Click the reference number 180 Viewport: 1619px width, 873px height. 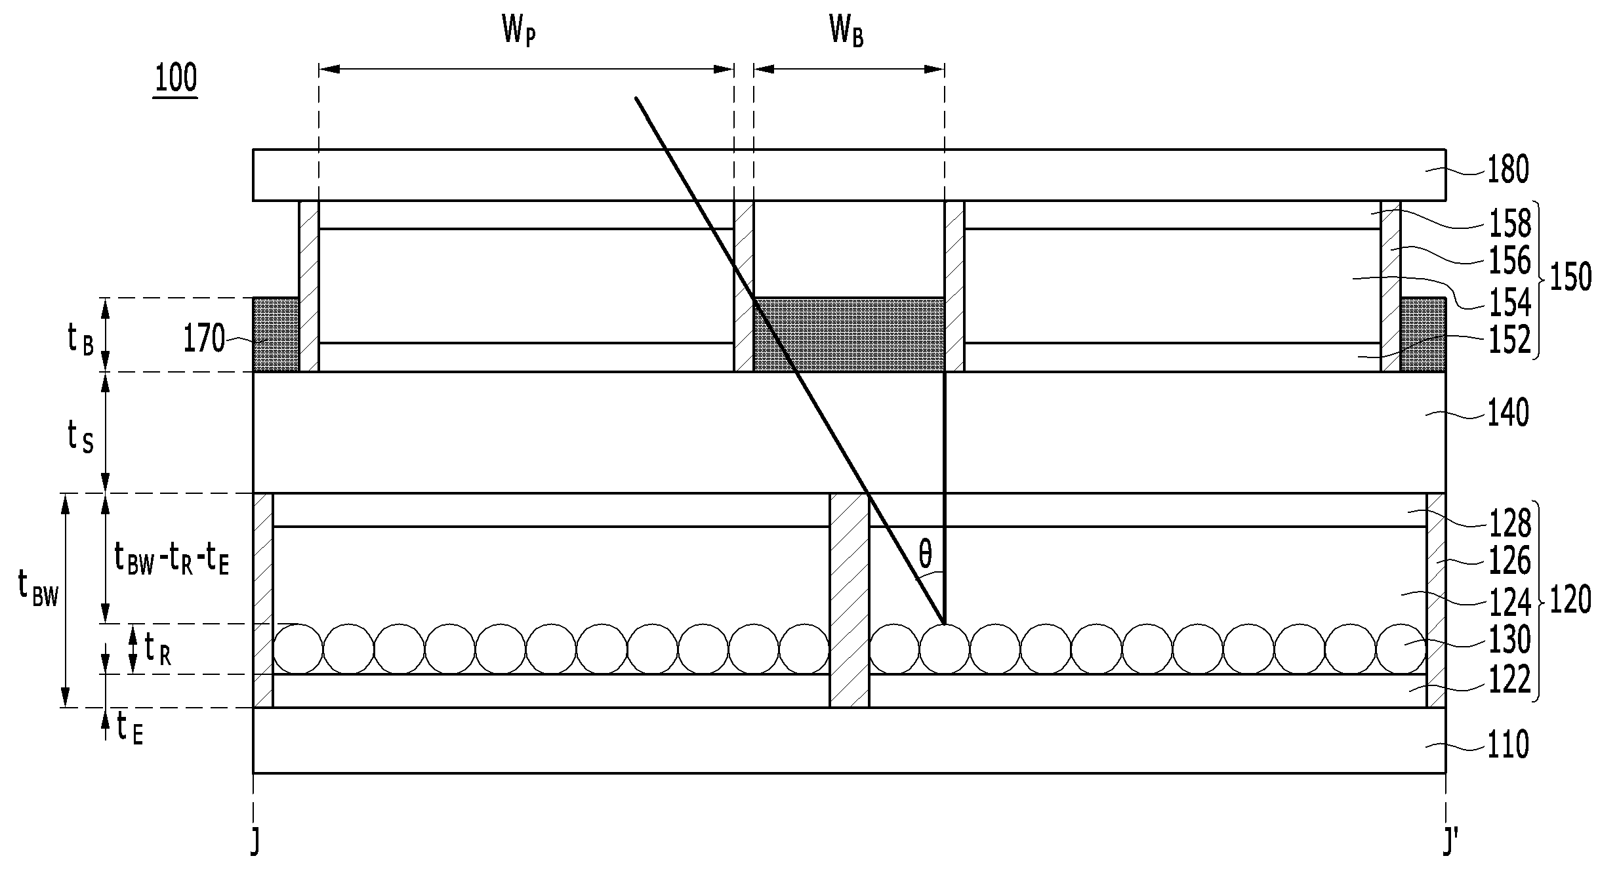point(1508,169)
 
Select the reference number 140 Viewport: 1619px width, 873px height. point(1508,413)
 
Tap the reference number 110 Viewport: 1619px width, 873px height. point(1508,745)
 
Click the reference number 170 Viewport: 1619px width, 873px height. point(204,340)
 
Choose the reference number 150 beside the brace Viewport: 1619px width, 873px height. point(1570,277)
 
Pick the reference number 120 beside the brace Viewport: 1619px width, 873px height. point(1570,600)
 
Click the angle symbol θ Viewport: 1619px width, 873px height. point(925,556)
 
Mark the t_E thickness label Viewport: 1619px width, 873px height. point(130,729)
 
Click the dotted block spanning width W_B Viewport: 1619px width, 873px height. point(849,335)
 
